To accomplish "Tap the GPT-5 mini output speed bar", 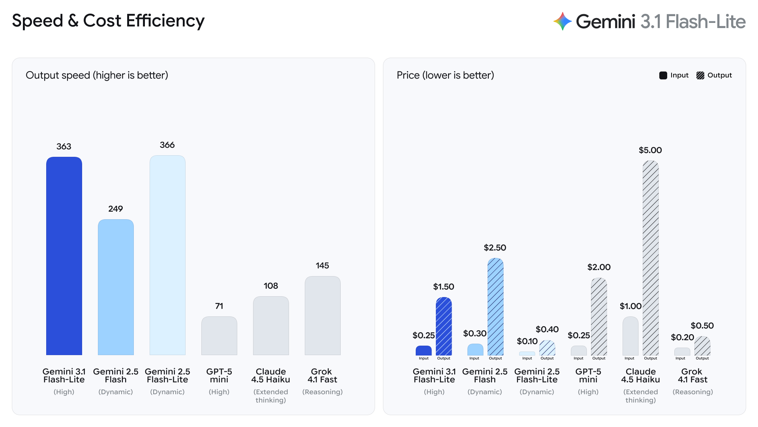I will (219, 336).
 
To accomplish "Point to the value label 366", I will (167, 145).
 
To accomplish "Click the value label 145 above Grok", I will (322, 265).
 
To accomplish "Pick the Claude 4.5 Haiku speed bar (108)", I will (271, 325).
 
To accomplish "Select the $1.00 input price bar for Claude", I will (630, 336).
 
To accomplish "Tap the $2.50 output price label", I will (495, 248).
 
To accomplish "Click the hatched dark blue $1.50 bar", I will (444, 326).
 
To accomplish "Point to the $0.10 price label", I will (527, 341).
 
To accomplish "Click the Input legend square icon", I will (663, 75).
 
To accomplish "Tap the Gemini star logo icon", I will (563, 21).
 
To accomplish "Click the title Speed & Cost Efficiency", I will (108, 21).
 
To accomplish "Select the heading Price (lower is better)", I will (445, 75).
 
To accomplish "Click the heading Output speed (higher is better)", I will (97, 75).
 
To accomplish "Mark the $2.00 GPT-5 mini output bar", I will (599, 316).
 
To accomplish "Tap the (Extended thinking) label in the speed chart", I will (270, 396).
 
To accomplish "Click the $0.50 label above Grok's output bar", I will (702, 325).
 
